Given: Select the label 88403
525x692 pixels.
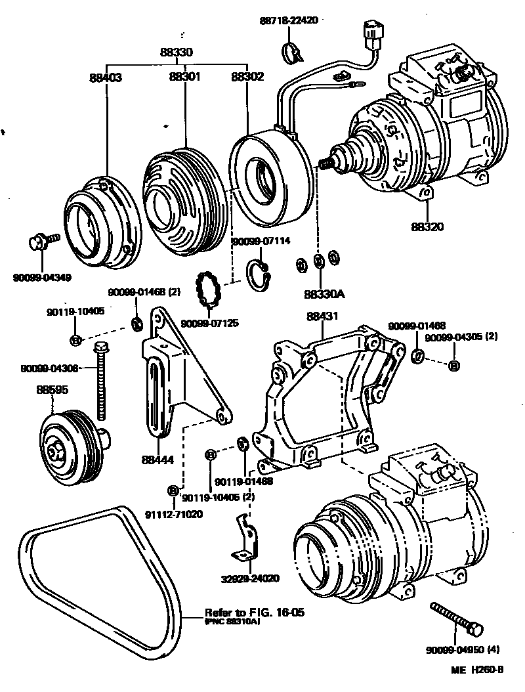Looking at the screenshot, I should [106, 77].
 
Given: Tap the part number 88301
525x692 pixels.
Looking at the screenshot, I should [184, 77].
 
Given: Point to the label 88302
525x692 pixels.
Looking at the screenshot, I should [247, 77].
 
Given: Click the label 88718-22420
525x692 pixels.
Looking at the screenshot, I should [288, 20].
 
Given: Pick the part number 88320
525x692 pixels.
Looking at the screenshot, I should [428, 227].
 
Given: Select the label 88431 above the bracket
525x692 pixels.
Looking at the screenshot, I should [322, 316].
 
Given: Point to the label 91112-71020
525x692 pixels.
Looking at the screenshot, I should [174, 514].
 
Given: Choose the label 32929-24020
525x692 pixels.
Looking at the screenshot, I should [250, 578].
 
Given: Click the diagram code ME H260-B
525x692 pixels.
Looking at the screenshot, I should [477, 670].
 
